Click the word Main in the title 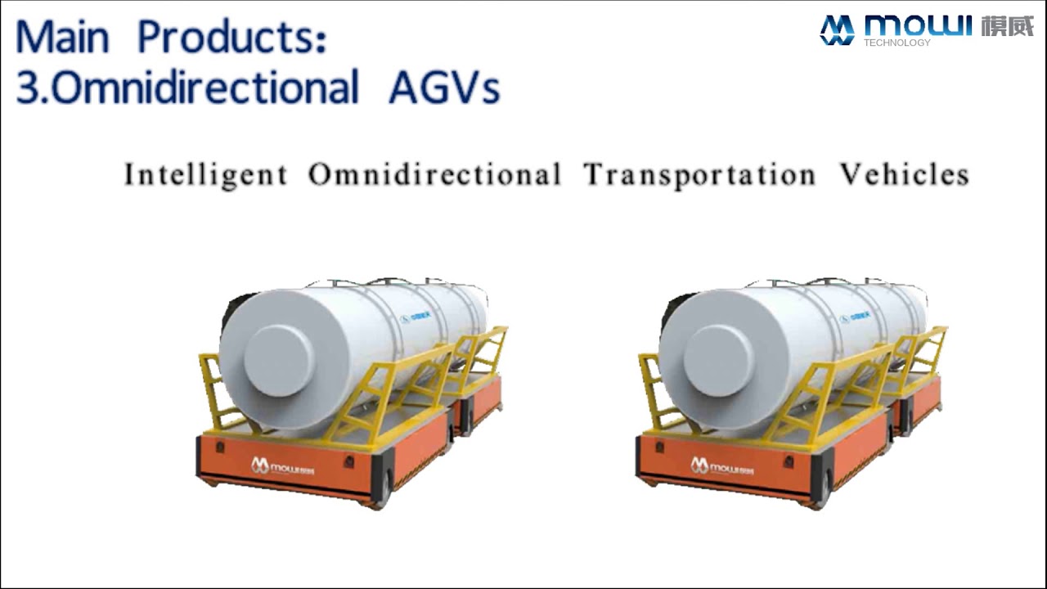62,37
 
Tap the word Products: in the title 232,38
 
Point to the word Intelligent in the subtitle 205,175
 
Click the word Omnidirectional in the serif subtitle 434,175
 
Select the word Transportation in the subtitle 699,175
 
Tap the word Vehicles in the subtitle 904,175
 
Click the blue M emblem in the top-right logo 837,29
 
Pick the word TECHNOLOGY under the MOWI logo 896,43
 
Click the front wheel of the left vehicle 382,488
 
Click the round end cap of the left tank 278,361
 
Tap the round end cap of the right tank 718,361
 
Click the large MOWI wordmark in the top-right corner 919,25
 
